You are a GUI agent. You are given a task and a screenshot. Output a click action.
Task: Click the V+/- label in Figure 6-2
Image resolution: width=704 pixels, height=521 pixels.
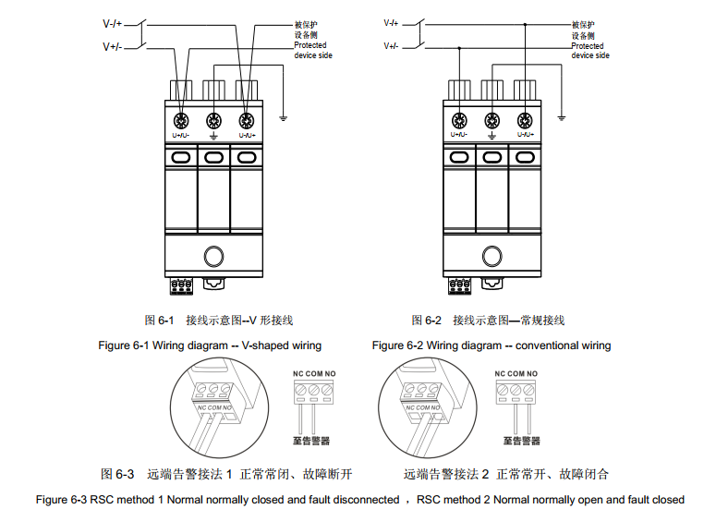[x=391, y=45]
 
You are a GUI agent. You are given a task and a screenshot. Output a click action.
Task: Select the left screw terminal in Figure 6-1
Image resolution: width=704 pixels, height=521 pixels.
[x=180, y=120]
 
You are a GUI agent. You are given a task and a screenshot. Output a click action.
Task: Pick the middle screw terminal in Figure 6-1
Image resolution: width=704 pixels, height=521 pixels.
[x=213, y=120]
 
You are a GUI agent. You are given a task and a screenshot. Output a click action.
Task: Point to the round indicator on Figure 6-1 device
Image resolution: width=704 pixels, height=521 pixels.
[x=213, y=256]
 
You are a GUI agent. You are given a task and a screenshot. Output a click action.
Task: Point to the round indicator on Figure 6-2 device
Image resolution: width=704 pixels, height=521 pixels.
[x=492, y=256]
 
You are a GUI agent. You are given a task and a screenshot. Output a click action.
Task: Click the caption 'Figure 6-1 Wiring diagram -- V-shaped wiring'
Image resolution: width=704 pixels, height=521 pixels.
[x=210, y=345]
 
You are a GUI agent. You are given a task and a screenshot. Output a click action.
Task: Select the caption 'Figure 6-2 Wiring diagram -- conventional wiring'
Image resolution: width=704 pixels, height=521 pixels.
[x=491, y=345]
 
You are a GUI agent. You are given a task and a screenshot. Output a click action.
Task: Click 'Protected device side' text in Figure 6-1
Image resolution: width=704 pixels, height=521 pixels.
[x=312, y=50]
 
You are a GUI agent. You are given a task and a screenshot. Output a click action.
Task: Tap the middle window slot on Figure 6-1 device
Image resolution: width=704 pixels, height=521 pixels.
[x=213, y=158]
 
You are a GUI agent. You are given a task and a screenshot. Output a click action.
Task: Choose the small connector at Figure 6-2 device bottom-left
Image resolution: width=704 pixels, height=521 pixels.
[x=459, y=285]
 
